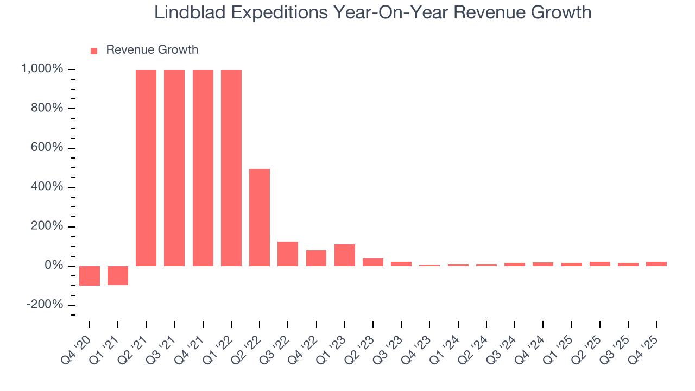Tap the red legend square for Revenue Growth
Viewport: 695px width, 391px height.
pyautogui.click(x=94, y=51)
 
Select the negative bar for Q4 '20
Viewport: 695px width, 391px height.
pyautogui.click(x=90, y=275)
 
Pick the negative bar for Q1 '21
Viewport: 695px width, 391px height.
pyautogui.click(x=118, y=275)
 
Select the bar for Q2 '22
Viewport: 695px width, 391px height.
pyautogui.click(x=260, y=217)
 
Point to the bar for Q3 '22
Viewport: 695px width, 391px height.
pyautogui.click(x=288, y=254)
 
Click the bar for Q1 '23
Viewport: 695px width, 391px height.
pyautogui.click(x=345, y=255)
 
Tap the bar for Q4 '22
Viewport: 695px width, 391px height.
pyautogui.click(x=316, y=258)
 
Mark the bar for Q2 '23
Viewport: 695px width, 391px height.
pyautogui.click(x=373, y=262)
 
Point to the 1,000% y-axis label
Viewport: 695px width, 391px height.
pyautogui.click(x=42, y=69)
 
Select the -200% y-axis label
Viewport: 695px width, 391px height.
pyautogui.click(x=46, y=305)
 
